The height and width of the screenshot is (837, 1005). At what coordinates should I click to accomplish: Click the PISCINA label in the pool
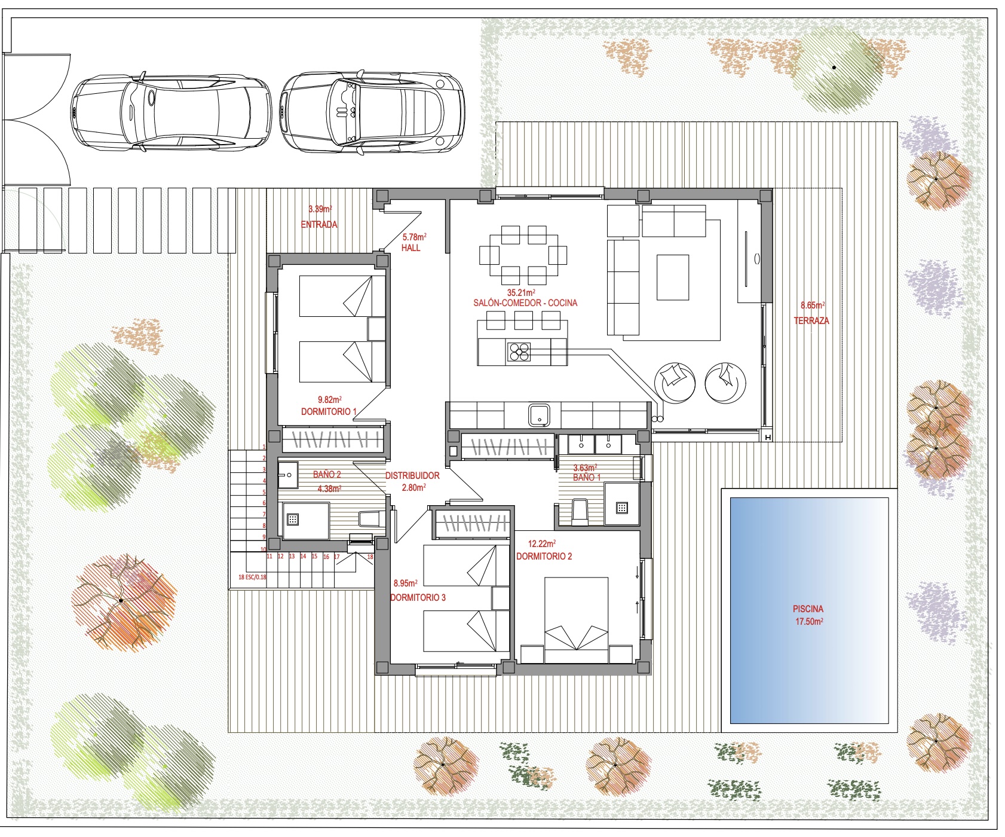coord(808,609)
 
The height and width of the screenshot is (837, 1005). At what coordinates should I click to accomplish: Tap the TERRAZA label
coord(811,320)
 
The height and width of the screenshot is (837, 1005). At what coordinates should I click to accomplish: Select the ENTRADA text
coord(319,224)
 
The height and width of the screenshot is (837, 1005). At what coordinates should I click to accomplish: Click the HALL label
coord(411,248)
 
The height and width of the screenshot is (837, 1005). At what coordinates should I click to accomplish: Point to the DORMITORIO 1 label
coord(329,411)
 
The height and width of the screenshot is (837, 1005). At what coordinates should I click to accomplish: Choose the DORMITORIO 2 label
coord(544,556)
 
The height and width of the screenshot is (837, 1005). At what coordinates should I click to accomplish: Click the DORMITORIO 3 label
coord(418,597)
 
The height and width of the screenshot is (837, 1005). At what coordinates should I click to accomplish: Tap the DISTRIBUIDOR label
coord(412,475)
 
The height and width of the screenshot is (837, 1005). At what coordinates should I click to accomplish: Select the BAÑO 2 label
coord(327,474)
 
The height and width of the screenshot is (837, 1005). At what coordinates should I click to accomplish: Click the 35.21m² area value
coord(521,292)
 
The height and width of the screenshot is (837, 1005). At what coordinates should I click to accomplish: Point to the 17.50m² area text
coord(809,621)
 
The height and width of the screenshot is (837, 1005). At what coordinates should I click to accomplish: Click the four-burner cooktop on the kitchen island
coord(519,352)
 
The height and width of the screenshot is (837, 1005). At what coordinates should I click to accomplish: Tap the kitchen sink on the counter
coord(539,415)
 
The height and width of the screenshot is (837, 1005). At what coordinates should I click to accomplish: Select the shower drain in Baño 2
coord(293,519)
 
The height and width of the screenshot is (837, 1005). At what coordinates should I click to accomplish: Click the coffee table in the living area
coord(673,277)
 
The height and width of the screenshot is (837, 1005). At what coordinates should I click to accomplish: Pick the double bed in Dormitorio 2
coord(576,620)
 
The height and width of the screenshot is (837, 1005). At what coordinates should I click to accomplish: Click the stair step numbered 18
coord(370,557)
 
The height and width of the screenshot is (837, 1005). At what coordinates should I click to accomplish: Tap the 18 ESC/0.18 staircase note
coord(252,577)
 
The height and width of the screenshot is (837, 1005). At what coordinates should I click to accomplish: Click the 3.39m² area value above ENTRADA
coord(320,209)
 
